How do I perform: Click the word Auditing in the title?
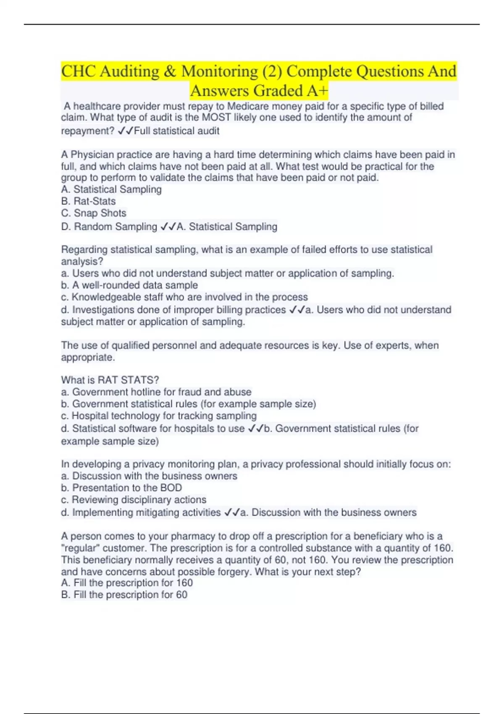[x=129, y=71]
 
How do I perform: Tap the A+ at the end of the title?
[x=318, y=91]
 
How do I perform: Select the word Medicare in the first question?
[x=248, y=106]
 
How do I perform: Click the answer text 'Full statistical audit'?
[x=176, y=131]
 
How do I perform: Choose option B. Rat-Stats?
[x=88, y=201]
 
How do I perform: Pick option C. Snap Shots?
[x=94, y=213]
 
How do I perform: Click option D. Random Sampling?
[x=109, y=227]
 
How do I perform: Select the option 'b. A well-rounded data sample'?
[x=129, y=285]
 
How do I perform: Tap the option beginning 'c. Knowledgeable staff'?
[x=184, y=297]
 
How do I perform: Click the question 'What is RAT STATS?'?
[x=110, y=380]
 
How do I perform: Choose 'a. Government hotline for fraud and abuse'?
[x=156, y=392]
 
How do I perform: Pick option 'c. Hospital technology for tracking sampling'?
[x=159, y=416]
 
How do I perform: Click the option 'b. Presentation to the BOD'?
[x=121, y=488]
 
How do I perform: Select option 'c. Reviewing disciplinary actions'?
[x=134, y=500]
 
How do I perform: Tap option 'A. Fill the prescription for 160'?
[x=127, y=583]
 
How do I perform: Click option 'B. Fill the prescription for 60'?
[x=124, y=595]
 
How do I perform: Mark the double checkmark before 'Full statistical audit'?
[x=126, y=131]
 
